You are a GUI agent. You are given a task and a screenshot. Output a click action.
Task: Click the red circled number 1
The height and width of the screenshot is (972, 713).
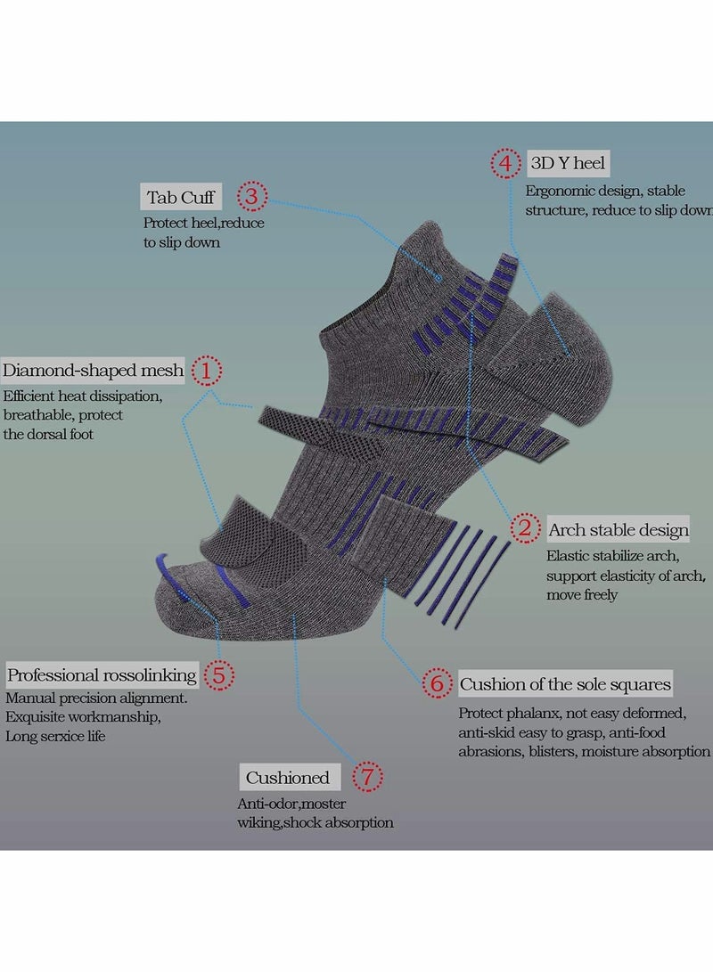[x=208, y=371]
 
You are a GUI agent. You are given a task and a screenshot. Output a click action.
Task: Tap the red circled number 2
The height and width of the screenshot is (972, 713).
[x=526, y=529]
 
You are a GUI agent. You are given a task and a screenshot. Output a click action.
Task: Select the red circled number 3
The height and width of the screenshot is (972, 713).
[x=251, y=196]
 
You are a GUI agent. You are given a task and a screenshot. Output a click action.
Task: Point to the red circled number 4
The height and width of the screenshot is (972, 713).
[x=505, y=164]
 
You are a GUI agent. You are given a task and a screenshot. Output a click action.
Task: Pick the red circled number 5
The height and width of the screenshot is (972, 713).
[x=218, y=674]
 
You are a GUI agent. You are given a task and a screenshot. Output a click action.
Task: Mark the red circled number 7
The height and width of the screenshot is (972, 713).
[x=366, y=778]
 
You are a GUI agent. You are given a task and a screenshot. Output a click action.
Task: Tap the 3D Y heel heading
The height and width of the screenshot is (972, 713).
[x=568, y=164]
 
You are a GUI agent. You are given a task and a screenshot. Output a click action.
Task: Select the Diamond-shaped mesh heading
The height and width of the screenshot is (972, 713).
[x=93, y=371]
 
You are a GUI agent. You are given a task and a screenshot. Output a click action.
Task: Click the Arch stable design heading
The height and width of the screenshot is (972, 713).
[x=619, y=530]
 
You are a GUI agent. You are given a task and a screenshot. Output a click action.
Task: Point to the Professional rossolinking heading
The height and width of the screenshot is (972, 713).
[x=102, y=674]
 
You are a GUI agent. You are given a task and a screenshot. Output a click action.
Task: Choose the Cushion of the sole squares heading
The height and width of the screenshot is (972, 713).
[x=565, y=684]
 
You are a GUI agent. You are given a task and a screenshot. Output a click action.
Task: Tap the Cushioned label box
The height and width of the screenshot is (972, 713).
[x=288, y=778]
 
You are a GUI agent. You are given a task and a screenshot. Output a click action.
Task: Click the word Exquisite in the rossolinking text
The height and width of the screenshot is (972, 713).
[x=37, y=717]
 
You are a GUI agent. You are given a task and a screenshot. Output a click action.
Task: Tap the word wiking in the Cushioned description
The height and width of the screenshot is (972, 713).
[x=259, y=822]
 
